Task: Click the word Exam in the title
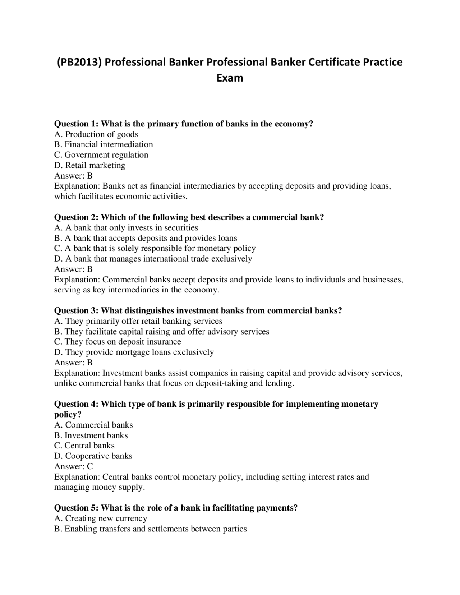tap(230, 78)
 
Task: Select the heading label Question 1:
tap(76, 124)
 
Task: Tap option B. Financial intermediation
tap(103, 144)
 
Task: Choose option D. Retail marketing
tap(89, 165)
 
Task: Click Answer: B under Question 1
tap(73, 176)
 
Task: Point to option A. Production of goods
tap(96, 134)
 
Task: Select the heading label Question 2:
tap(76, 217)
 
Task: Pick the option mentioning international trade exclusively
tap(153, 259)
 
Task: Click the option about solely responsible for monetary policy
tap(155, 248)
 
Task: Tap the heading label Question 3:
tap(76, 311)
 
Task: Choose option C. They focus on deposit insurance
tap(118, 342)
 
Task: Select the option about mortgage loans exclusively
tap(134, 352)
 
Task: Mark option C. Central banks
tap(84, 446)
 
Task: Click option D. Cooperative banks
tap(93, 456)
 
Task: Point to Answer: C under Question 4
tap(73, 466)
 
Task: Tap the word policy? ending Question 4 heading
tap(68, 415)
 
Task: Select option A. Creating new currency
tap(101, 518)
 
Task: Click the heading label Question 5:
tap(76, 508)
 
